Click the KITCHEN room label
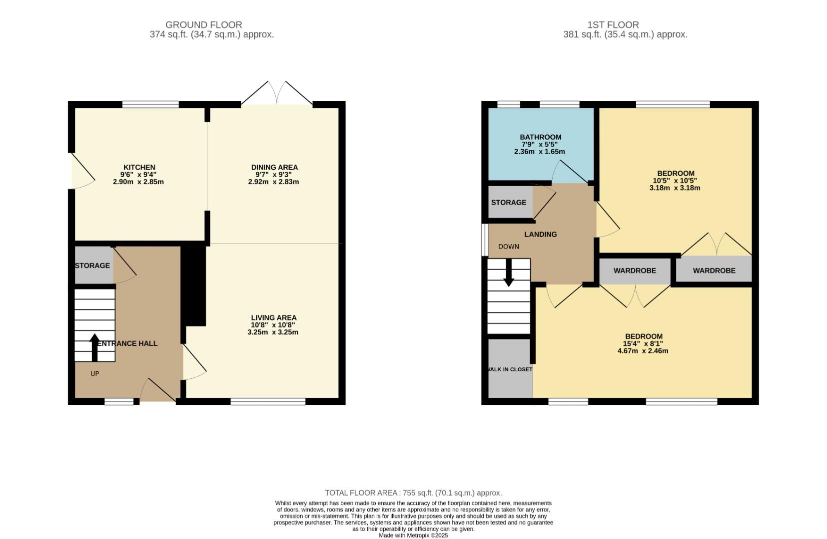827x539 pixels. click(x=139, y=167)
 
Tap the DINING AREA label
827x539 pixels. click(x=274, y=167)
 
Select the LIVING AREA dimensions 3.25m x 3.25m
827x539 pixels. click(x=273, y=332)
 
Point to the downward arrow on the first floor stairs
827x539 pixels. click(x=508, y=274)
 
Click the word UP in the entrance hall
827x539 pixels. click(x=94, y=373)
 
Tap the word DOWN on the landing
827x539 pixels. click(x=508, y=247)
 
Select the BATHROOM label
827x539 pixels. click(x=540, y=137)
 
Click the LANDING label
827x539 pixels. click(x=540, y=234)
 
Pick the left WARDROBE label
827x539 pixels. click(x=635, y=270)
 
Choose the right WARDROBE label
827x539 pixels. click(x=714, y=270)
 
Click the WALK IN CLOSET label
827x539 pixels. click(x=510, y=369)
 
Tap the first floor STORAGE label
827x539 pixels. click(x=508, y=202)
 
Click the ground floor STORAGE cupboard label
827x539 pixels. click(x=92, y=266)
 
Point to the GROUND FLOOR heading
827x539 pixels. click(x=203, y=24)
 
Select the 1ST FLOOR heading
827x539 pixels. click(x=613, y=24)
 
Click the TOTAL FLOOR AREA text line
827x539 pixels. click(x=413, y=493)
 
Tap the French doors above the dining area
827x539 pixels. click(x=276, y=94)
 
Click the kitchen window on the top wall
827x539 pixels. click(x=150, y=104)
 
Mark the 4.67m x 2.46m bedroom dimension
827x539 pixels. click(x=643, y=351)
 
